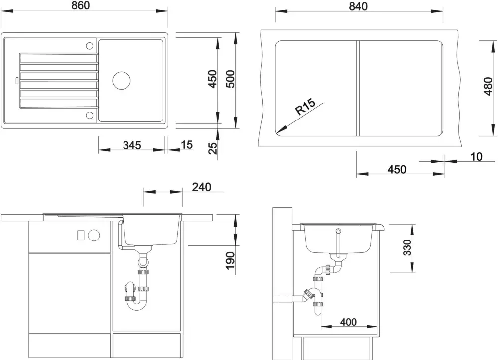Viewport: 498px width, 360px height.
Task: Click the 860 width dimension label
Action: click(x=81, y=5)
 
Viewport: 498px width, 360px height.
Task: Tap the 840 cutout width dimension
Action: click(x=358, y=6)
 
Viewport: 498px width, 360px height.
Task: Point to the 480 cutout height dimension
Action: click(x=488, y=86)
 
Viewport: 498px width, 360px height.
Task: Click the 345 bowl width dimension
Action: click(x=132, y=145)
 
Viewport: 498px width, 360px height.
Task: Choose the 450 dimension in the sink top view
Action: click(x=212, y=79)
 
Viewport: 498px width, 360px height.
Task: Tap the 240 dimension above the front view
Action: click(x=202, y=187)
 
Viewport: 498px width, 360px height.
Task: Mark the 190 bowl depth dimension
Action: click(x=230, y=261)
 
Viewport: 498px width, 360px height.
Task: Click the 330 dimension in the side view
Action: click(x=407, y=248)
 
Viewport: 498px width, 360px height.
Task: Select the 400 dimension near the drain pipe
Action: click(x=348, y=322)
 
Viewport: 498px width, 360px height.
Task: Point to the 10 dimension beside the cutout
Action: click(x=476, y=157)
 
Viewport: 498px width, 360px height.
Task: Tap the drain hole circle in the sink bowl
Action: click(x=122, y=80)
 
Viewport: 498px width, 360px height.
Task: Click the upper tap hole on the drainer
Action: click(x=90, y=46)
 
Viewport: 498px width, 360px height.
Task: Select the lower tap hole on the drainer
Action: click(x=90, y=115)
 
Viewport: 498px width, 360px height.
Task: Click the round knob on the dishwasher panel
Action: click(x=94, y=235)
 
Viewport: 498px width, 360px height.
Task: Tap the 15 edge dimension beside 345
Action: click(x=186, y=145)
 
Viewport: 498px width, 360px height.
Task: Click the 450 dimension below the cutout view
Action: click(x=397, y=169)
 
